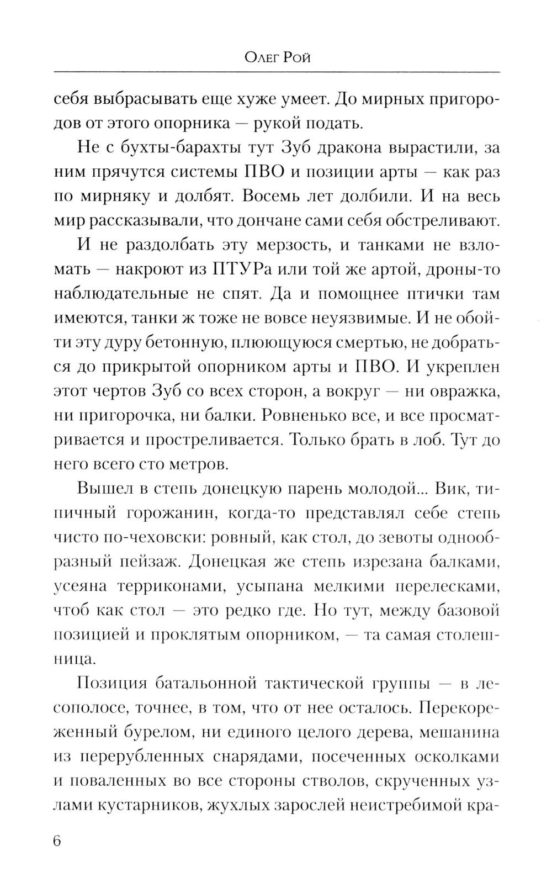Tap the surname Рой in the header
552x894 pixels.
pos(297,57)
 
